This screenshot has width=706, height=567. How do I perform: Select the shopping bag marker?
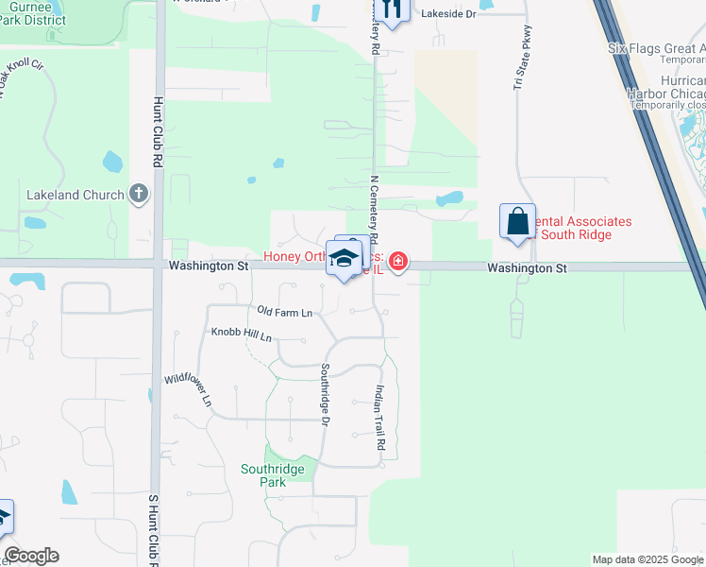click(517, 222)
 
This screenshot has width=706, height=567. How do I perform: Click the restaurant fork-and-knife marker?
click(394, 9)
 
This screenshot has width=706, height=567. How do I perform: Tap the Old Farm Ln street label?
click(284, 312)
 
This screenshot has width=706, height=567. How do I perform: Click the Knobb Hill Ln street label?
click(241, 334)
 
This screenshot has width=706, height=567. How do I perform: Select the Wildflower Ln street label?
click(189, 388)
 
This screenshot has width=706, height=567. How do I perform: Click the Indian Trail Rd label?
click(379, 417)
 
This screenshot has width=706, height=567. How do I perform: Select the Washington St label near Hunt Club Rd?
click(209, 267)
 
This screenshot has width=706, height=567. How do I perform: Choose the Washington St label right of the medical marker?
click(527, 268)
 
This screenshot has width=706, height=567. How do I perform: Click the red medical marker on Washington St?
click(398, 261)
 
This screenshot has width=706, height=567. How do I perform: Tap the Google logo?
click(31, 556)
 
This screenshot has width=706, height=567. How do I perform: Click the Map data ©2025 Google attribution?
click(648, 559)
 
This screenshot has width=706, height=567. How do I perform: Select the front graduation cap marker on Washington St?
click(344, 260)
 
